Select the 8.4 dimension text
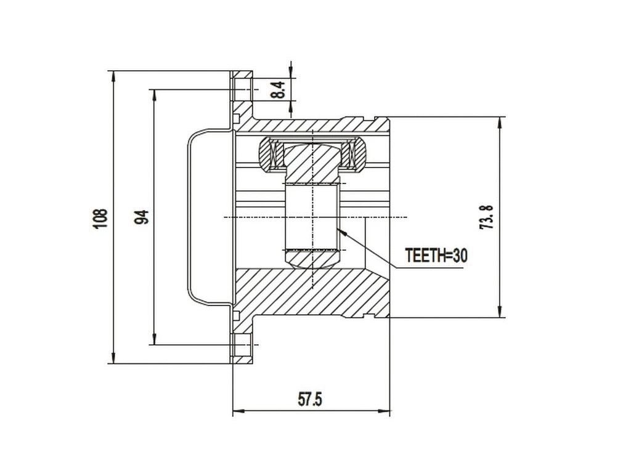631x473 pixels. point(279,91)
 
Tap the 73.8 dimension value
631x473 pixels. point(487,217)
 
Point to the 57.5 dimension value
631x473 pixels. point(311,399)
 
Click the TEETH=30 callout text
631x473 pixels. point(436,256)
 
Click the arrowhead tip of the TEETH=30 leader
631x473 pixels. point(339,230)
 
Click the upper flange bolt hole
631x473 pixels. point(244,90)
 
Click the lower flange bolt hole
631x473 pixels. point(244,345)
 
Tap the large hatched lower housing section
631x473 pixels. point(308,293)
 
